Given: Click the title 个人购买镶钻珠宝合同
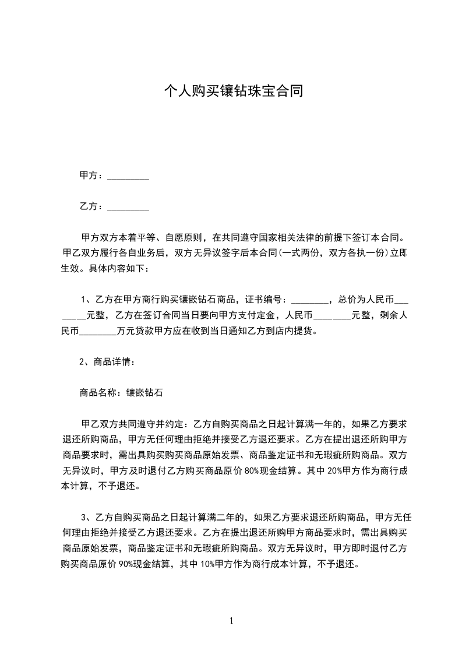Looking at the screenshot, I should coord(233,92).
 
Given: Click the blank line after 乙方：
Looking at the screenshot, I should coord(128,207).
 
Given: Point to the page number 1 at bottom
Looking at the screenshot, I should coord(231,621).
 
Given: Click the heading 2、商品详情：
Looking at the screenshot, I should coord(108,362).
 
